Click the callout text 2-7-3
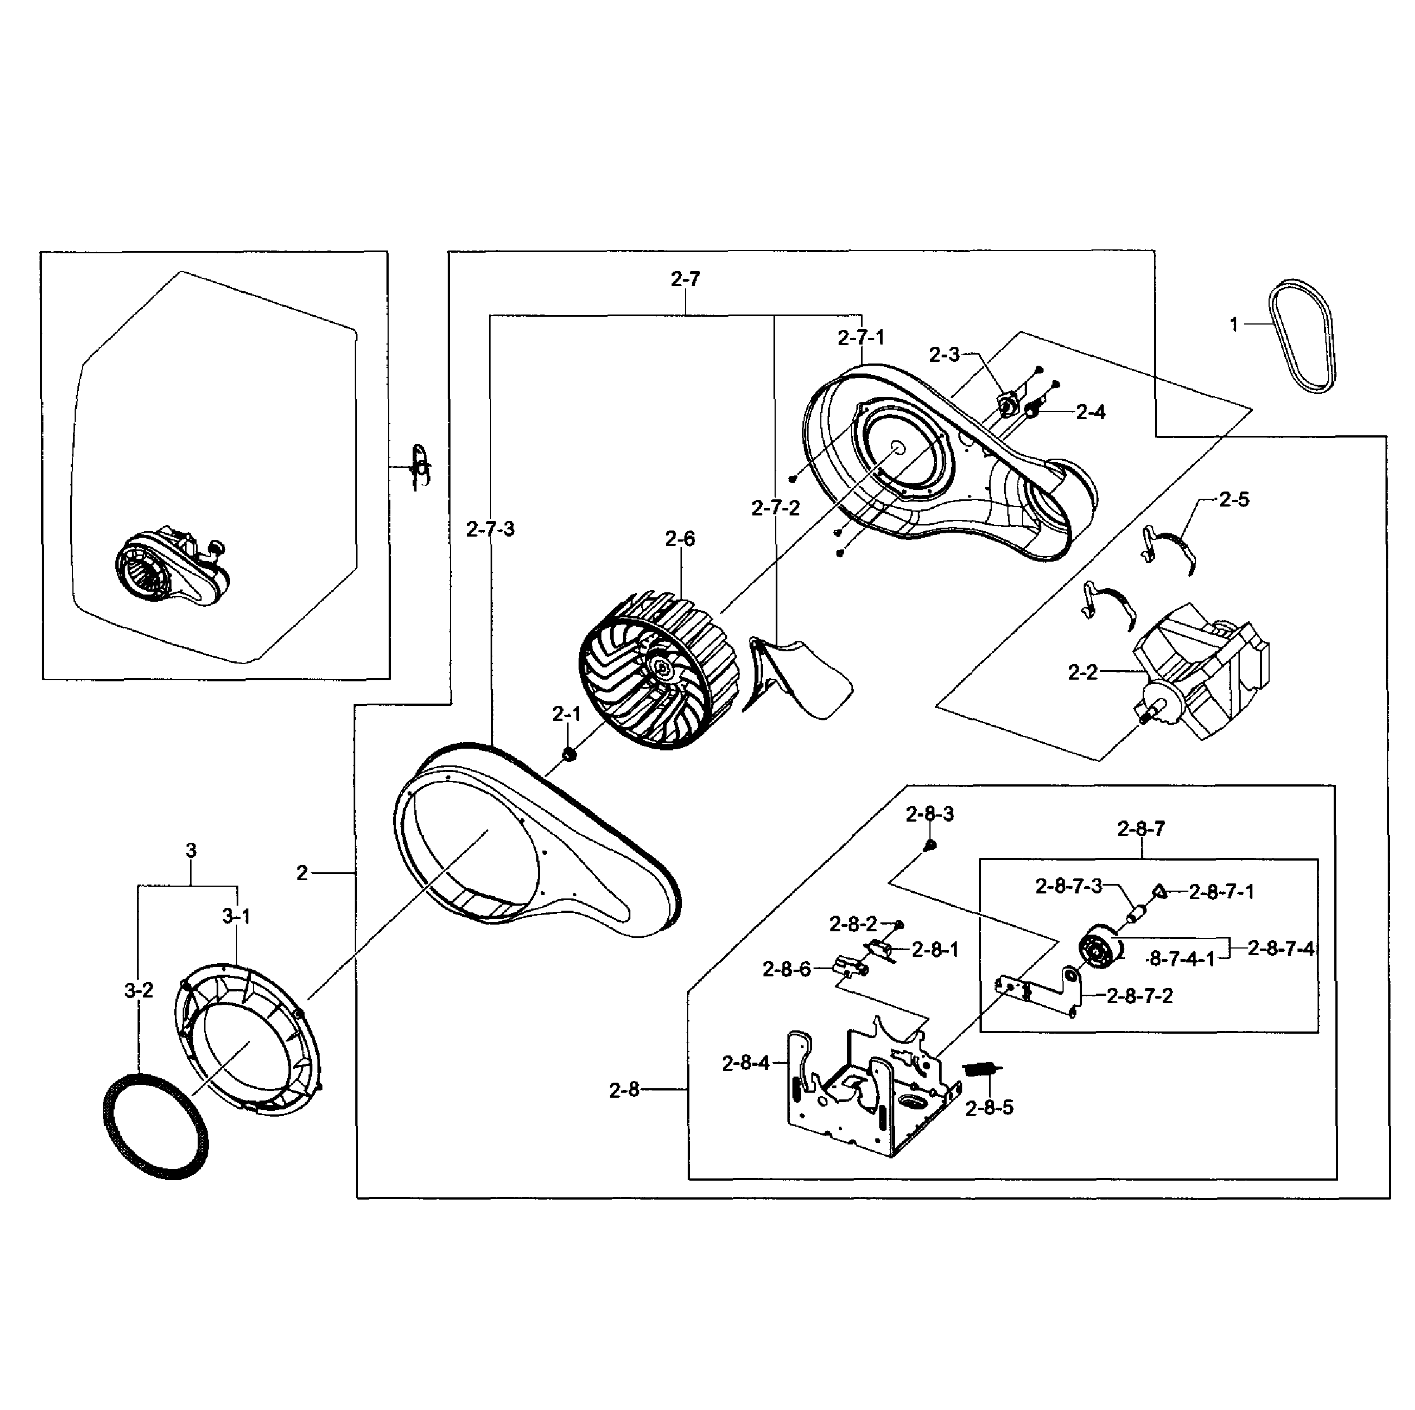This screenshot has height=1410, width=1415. (490, 529)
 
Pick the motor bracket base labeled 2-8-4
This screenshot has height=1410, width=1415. (864, 1098)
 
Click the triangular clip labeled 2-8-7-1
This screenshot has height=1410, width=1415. (1159, 891)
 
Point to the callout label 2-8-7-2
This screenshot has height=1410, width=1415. (1139, 996)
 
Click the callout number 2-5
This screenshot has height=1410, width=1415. (1233, 499)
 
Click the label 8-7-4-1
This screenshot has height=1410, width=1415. (1181, 959)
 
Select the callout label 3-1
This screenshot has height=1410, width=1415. (236, 916)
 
